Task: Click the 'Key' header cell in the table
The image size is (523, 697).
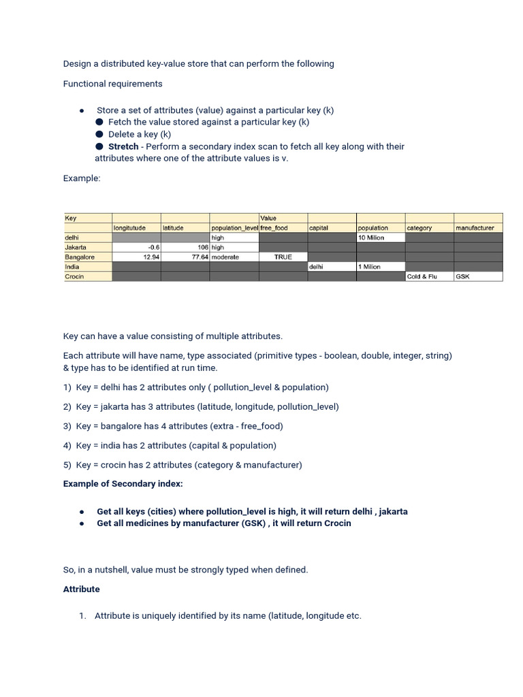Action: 71,218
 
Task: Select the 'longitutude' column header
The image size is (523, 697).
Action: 129,228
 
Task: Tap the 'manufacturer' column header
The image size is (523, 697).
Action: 475,228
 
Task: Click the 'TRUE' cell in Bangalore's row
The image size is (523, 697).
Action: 283,257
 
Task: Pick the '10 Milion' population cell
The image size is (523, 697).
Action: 371,238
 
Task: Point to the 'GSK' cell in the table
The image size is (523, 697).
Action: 462,277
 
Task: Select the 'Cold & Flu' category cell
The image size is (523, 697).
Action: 422,277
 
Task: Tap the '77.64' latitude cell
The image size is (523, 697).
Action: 200,257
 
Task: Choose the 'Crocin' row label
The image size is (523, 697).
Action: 74,277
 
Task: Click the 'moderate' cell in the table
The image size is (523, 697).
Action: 225,257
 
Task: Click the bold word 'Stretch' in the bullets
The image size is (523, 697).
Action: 123,146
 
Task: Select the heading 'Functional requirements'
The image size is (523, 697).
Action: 113,84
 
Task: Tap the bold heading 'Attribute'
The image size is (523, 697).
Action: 82,589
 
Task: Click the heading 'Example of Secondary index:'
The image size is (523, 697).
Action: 123,484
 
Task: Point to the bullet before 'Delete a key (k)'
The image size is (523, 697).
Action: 99,134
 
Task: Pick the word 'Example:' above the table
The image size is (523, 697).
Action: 82,178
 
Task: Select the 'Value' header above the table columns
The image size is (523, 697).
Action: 268,218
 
